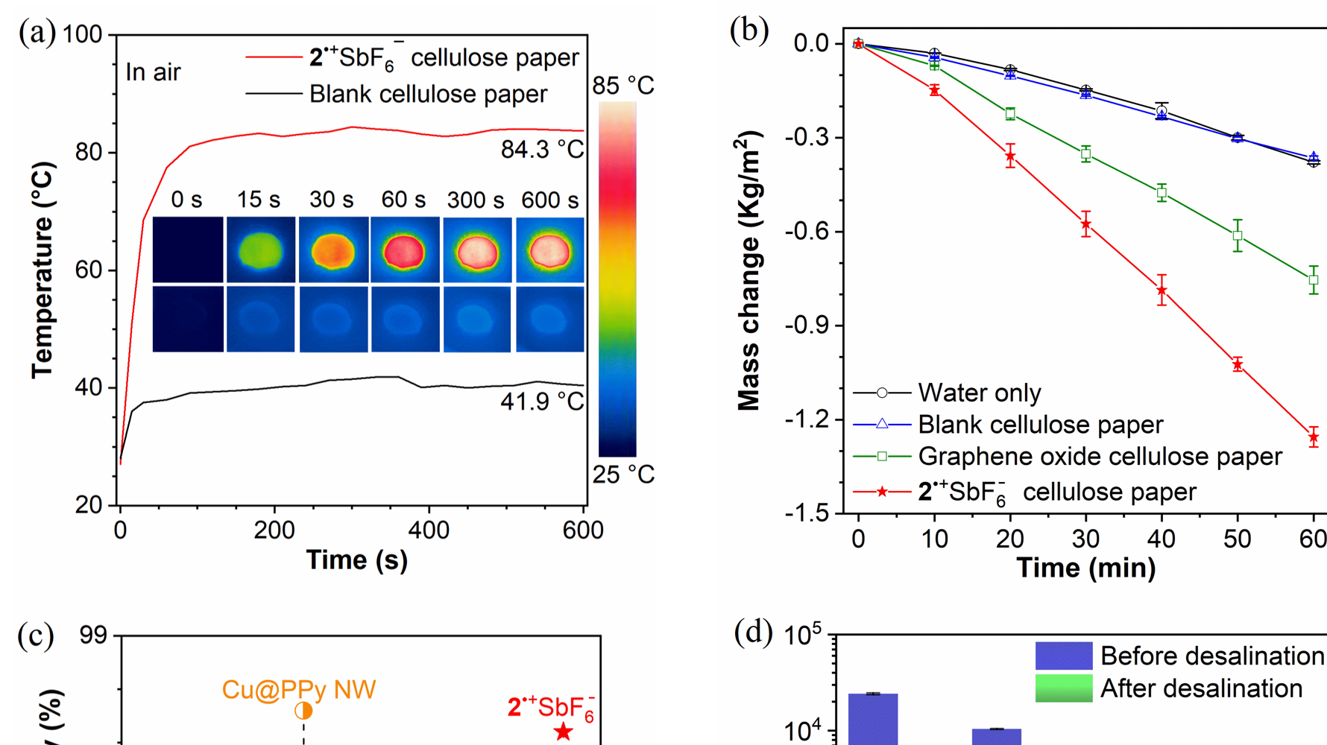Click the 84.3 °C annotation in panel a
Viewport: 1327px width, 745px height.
(x=542, y=150)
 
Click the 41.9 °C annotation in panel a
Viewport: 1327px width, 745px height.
(x=542, y=402)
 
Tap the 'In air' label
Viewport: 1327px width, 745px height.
(x=153, y=72)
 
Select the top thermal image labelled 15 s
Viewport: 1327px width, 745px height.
(x=260, y=250)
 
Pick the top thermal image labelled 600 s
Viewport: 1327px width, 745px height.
(x=550, y=250)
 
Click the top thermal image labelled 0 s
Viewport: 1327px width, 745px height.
(x=188, y=250)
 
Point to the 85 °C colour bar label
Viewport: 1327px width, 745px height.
(x=623, y=86)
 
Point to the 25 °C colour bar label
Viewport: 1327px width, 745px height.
(x=623, y=475)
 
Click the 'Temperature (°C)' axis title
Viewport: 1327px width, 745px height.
(x=42, y=270)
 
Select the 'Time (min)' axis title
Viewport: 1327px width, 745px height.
(x=1086, y=568)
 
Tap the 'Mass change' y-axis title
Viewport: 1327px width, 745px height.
(x=748, y=271)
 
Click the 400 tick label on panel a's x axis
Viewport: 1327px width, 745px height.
(x=429, y=530)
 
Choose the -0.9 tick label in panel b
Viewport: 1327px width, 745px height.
(x=807, y=326)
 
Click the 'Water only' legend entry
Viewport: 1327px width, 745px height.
(x=979, y=393)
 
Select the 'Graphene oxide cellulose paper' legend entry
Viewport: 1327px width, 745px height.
(x=1100, y=456)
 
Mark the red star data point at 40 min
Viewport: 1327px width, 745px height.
(x=1161, y=291)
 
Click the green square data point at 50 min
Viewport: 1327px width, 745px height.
(x=1238, y=235)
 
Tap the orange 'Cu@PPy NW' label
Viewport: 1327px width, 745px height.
(x=298, y=690)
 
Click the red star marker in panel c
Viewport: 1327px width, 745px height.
(x=564, y=732)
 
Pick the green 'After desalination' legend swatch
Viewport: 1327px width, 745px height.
(x=1064, y=688)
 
